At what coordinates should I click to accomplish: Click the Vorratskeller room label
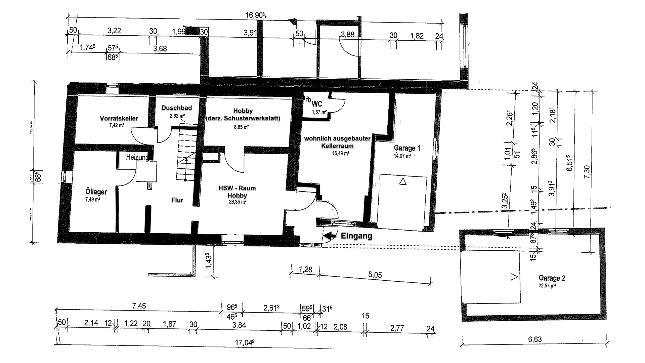[119, 118]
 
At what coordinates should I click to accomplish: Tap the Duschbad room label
[176, 108]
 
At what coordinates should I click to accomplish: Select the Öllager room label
[96, 192]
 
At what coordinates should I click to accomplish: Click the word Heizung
[137, 157]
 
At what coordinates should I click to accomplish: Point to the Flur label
[177, 200]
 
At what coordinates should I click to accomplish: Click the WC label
[317, 104]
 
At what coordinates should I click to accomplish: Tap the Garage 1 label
[407, 148]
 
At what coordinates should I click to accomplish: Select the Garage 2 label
[552, 278]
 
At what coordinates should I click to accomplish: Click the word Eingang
[356, 236]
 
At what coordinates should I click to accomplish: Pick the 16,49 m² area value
[341, 153]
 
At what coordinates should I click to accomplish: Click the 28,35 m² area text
[237, 202]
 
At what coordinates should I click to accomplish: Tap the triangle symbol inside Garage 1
[403, 182]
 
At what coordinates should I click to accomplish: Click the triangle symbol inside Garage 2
[514, 277]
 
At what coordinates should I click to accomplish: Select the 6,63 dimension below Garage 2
[535, 339]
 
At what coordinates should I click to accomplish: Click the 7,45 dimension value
[139, 306]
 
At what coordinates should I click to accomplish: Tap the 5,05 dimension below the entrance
[375, 275]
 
